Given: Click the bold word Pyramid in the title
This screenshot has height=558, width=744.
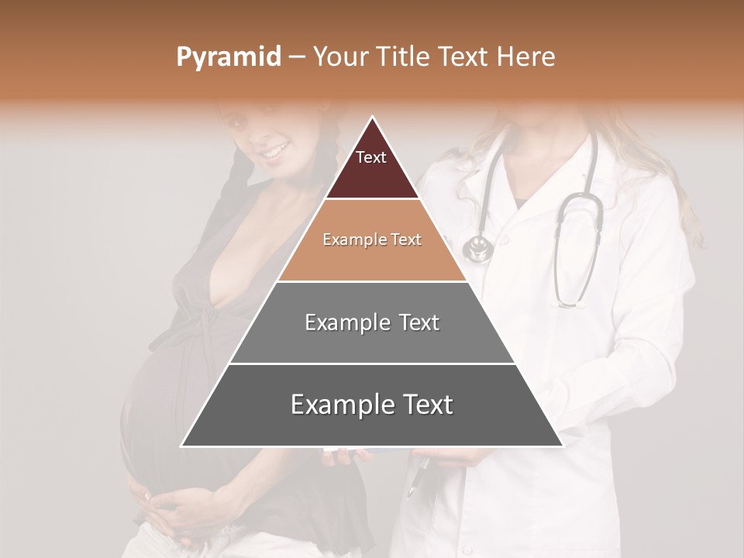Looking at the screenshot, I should tap(228, 57).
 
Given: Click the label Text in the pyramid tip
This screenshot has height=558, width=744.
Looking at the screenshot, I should tap(371, 157).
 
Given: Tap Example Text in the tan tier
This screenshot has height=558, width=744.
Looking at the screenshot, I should tap(372, 239).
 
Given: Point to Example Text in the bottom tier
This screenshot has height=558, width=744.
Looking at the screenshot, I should tap(372, 405).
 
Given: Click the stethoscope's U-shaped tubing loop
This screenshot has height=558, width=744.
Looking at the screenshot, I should tap(577, 256).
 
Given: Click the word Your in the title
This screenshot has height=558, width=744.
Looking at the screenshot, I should tap(341, 57).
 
